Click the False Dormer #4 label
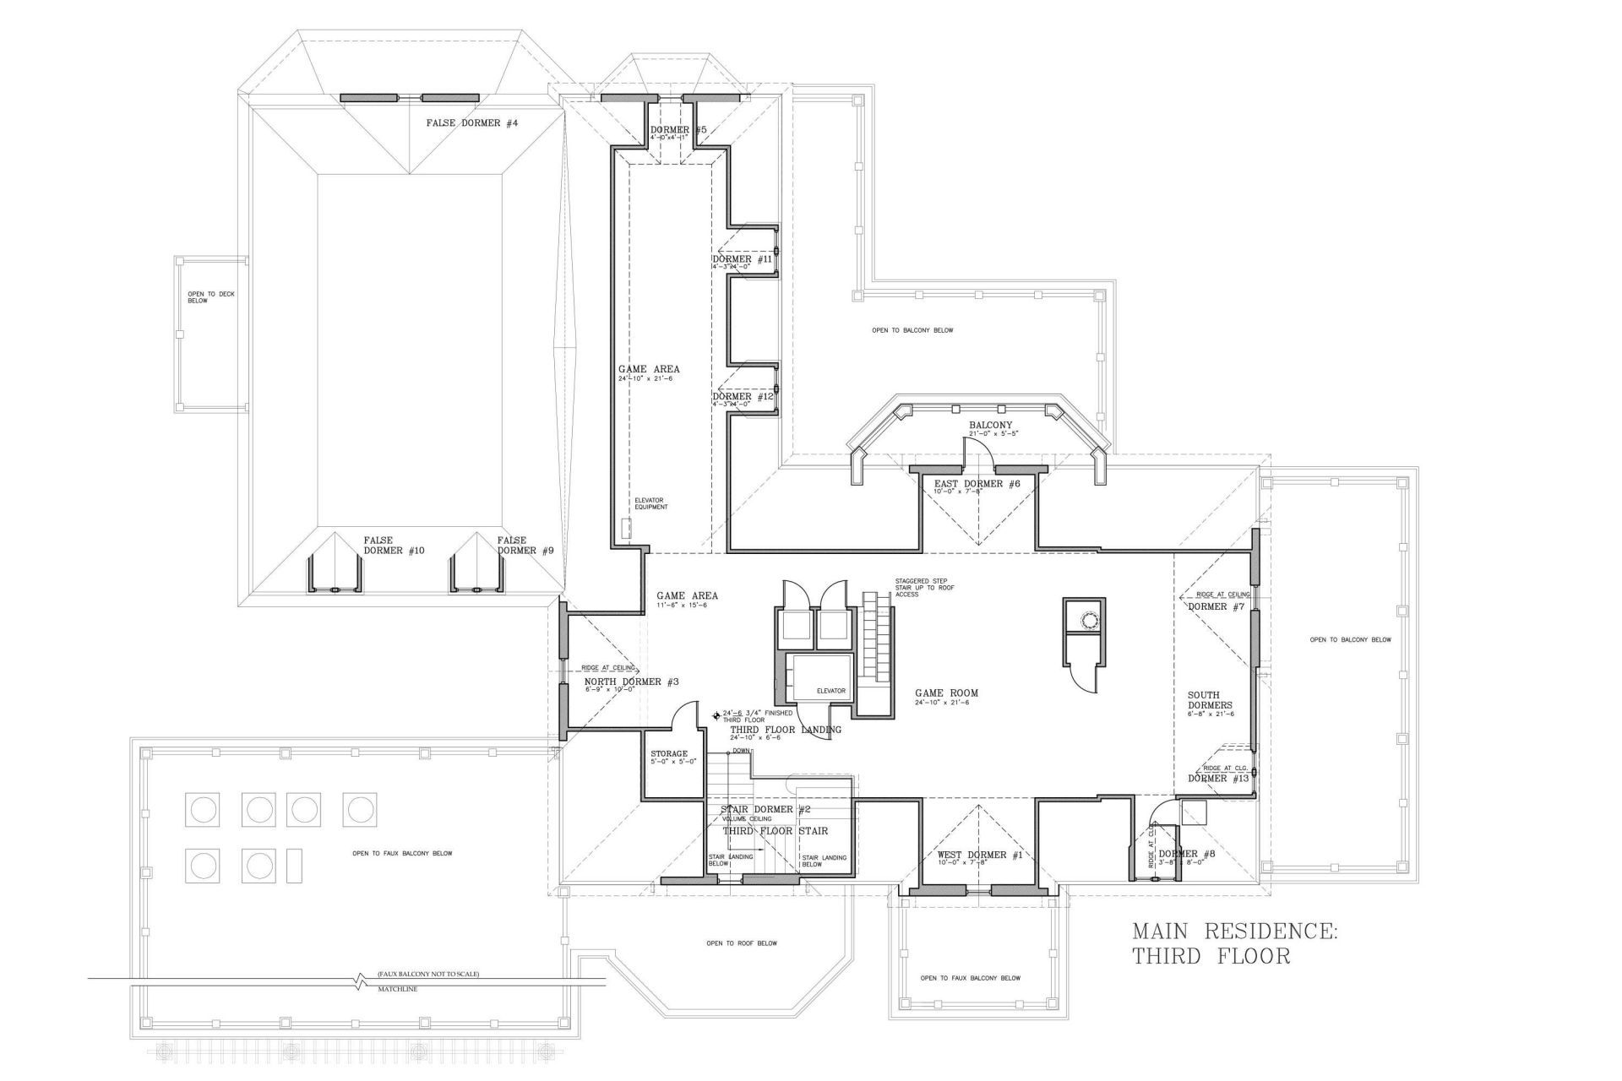click(471, 123)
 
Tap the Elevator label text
click(830, 691)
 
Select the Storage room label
click(669, 754)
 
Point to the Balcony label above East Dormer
click(990, 426)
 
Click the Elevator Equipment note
click(650, 503)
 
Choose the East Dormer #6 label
click(977, 484)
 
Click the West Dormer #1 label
click(980, 856)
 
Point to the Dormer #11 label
click(743, 260)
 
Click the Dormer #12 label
click(743, 397)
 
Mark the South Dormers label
click(1210, 700)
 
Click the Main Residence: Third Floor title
click(1234, 943)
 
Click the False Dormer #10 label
click(394, 545)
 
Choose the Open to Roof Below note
click(742, 943)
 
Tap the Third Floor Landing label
click(785, 730)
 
